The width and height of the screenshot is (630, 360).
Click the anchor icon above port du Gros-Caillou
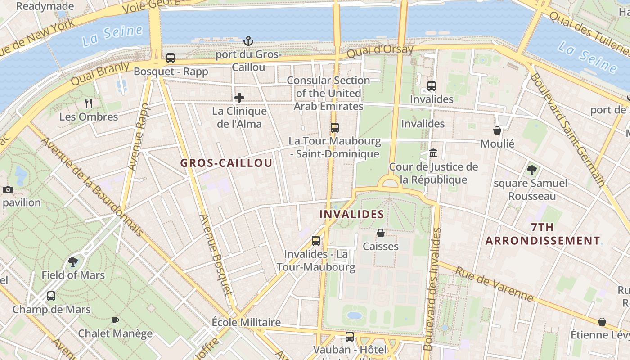pos(248,41)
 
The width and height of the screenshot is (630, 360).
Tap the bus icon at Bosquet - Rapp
pos(171,58)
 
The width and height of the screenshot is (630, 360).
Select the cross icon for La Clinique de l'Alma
pos(239,98)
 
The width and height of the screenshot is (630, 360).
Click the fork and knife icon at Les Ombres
pos(89,103)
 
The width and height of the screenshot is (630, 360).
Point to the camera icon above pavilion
pos(8,189)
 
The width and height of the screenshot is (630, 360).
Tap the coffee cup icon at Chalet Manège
pos(115,320)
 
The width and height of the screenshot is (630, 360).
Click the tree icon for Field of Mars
pos(73,262)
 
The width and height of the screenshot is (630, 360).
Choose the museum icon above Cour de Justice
pos(433,153)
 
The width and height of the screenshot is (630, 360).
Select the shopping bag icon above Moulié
pos(497,130)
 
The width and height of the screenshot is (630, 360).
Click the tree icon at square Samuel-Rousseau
pos(531,170)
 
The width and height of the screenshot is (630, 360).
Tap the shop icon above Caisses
pos(381,233)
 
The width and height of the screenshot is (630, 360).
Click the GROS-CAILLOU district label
pos(226,163)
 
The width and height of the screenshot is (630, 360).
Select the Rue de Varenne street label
pos(494,284)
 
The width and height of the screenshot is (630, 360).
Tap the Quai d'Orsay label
pos(380,51)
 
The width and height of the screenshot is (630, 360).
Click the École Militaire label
pos(246,322)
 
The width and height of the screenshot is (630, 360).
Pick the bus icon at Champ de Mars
pos(51,296)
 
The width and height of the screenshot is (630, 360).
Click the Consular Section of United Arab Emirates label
pos(328,93)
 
